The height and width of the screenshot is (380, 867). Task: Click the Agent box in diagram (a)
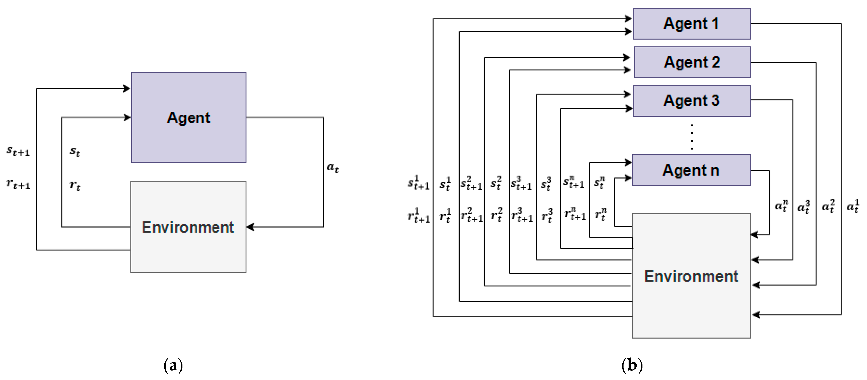(x=189, y=117)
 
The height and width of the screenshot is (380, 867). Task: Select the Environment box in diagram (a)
(x=188, y=227)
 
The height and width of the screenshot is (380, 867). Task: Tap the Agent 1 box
(x=692, y=24)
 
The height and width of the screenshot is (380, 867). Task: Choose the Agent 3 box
(x=692, y=101)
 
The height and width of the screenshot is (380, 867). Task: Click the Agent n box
(x=691, y=170)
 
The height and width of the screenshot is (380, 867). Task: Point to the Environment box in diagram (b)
(x=691, y=276)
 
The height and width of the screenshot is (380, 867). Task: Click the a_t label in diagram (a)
(x=332, y=167)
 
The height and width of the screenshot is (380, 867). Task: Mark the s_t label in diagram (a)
(x=75, y=151)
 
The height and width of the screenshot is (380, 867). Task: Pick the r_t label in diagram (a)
(x=75, y=185)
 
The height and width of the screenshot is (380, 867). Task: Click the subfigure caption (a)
(x=173, y=365)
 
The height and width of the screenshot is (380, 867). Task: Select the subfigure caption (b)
(x=632, y=365)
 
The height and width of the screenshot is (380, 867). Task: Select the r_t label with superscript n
(x=600, y=214)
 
